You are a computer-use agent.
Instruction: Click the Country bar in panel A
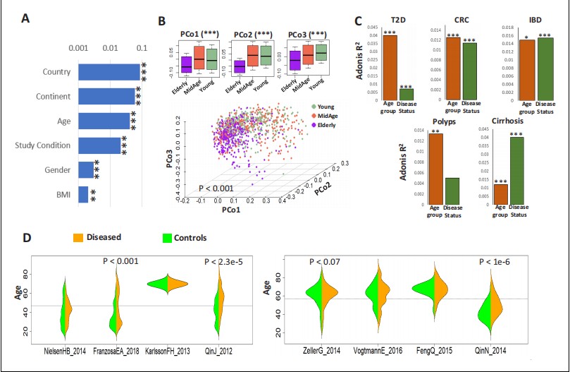coord(109,72)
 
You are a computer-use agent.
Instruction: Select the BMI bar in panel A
coord(82,194)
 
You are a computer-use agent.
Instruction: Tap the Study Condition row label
coord(44,145)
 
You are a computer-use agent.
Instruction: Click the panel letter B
coord(161,22)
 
